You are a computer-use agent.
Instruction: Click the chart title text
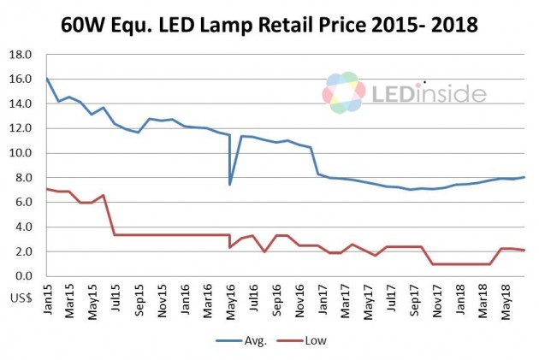pos(269,25)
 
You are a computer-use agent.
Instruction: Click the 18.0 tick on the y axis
pos(20,55)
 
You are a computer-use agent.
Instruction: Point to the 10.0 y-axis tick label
pos(20,153)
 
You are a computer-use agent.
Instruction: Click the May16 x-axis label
pos(231,304)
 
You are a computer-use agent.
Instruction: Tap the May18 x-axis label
pos(507,304)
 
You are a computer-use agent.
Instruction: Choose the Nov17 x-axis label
pos(438,304)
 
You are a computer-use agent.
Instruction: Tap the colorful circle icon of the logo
pos(344,93)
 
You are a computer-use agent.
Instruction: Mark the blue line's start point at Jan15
pos(46,79)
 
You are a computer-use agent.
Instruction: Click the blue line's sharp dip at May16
pos(230,184)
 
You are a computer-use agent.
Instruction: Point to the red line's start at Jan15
pos(46,189)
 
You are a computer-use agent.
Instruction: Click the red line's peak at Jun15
pos(104,195)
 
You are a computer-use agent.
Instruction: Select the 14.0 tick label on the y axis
pos(20,104)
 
